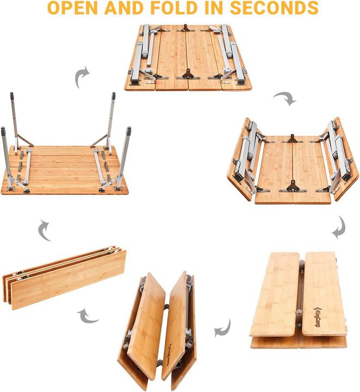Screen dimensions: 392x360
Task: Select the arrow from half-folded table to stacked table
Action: coord(339,227)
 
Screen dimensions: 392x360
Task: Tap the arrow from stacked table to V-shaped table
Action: coord(222,328)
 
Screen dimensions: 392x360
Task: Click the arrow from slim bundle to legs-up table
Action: coord(45,231)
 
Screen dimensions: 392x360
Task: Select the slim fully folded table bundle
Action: coord(64,277)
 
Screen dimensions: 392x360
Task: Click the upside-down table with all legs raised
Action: coord(65,158)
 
